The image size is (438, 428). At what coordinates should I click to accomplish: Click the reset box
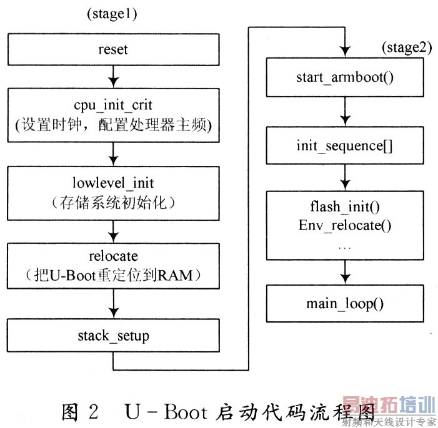[113, 48]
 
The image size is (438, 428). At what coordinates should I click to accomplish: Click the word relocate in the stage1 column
[113, 256]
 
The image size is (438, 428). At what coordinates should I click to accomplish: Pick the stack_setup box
[113, 336]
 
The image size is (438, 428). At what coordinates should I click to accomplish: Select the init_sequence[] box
[344, 147]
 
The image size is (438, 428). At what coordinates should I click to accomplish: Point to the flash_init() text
[344, 207]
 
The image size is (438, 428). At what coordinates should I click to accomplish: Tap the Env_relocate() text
[344, 225]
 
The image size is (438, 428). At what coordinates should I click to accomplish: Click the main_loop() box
[344, 304]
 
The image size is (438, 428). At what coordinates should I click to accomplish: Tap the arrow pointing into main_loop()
[344, 273]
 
